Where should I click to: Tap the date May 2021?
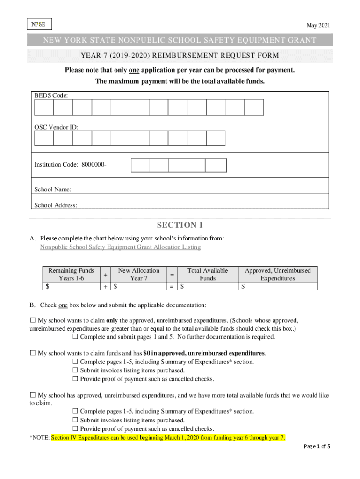click(318, 25)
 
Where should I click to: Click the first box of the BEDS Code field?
click(44, 107)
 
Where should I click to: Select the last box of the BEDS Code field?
click(254, 107)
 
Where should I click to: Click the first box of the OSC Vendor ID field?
click(44, 138)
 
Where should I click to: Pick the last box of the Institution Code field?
click(216, 165)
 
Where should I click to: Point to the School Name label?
click(53, 189)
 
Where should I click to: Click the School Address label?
click(56, 205)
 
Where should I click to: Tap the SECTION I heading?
click(180, 225)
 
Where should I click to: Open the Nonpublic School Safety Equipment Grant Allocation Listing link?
click(120, 247)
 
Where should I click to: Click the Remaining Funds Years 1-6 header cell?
click(71, 274)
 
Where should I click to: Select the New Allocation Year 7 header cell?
click(138, 274)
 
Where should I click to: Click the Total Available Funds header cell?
click(208, 274)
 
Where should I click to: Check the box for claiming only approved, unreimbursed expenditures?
click(33, 321)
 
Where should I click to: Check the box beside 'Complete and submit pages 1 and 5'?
click(75, 337)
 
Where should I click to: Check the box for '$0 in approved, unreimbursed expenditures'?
click(33, 353)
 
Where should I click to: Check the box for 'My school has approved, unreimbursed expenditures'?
click(33, 395)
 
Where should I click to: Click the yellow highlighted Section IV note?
click(168, 438)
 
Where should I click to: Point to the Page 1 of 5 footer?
click(317, 446)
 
